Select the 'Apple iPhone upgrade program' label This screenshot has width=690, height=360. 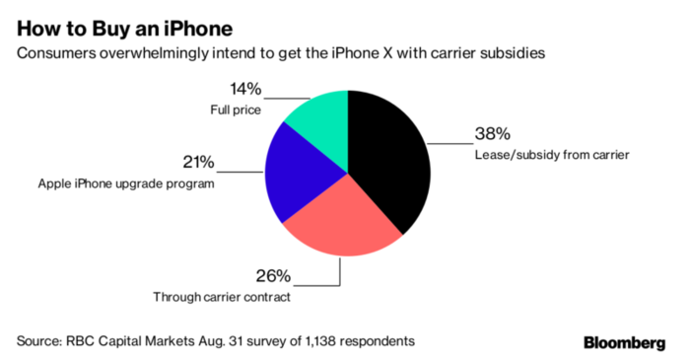pos(125,183)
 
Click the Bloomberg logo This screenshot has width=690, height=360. pos(628,342)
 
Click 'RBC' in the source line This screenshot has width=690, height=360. pos(86,341)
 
